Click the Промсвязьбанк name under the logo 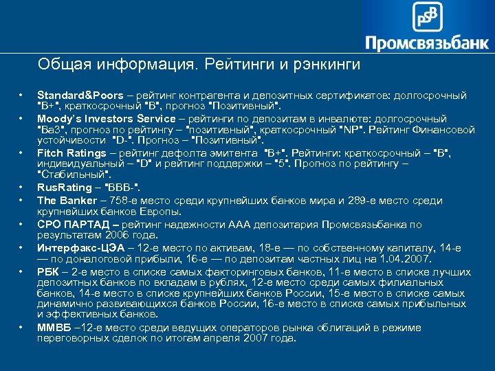(427, 43)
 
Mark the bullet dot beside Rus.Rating (21, 188)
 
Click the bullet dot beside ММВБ (21, 326)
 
